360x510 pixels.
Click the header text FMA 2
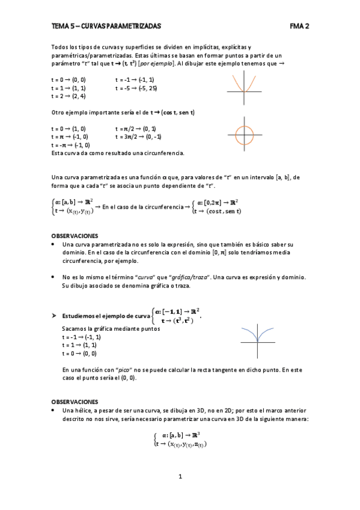tap(299, 26)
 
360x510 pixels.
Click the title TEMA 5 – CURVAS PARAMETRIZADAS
tap(106, 26)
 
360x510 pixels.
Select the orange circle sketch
tap(245, 134)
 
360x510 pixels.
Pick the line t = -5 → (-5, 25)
tap(136, 88)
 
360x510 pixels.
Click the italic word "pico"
tap(124, 369)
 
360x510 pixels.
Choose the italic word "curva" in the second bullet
tap(147, 277)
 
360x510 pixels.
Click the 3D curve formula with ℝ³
tap(180, 439)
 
